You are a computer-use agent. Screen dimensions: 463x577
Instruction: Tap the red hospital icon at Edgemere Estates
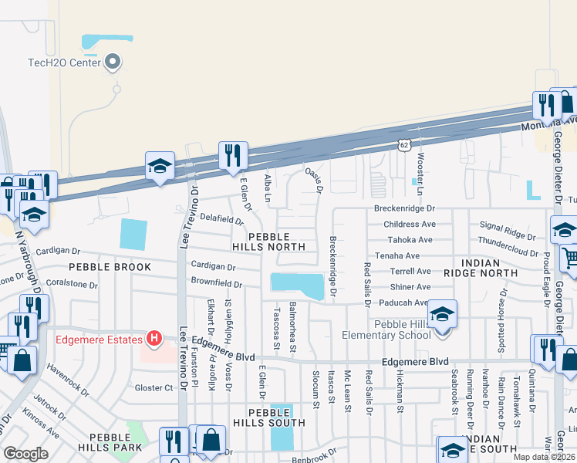[x=154, y=338]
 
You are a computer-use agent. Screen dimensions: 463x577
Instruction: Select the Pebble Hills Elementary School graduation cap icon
[x=442, y=315]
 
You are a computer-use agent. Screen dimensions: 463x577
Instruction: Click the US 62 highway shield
[x=403, y=144]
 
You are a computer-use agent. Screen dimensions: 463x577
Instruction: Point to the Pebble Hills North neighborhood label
[x=269, y=241]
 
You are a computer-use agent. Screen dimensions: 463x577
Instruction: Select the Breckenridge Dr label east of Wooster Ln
[x=404, y=208]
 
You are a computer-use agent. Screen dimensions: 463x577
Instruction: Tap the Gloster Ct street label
[x=154, y=387]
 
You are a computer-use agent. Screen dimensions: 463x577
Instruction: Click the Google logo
[x=25, y=453]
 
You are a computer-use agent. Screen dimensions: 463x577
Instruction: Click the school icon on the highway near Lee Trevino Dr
[x=160, y=165]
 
